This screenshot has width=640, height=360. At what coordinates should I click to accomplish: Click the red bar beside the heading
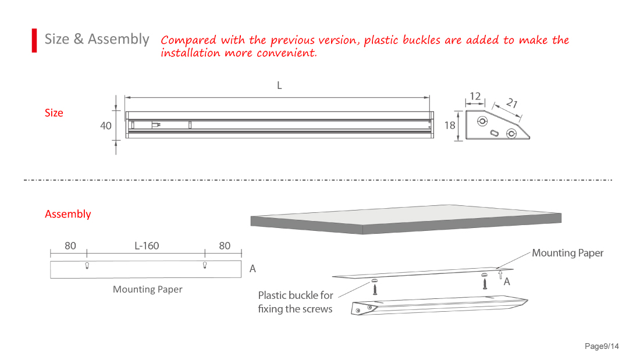(34, 40)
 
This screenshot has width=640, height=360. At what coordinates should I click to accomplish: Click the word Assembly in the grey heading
(118, 40)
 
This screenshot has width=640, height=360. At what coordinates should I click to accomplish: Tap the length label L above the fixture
(279, 85)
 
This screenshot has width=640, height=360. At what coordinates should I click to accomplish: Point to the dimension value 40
(106, 126)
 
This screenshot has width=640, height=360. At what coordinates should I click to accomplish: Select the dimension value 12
(475, 96)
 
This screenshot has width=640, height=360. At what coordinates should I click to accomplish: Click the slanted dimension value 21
(512, 103)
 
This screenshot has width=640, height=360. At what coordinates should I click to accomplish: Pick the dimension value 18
(450, 125)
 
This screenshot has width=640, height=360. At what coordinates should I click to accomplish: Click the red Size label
(54, 113)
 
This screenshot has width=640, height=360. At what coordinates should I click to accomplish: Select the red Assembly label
(67, 214)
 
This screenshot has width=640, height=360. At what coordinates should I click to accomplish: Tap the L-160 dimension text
(147, 245)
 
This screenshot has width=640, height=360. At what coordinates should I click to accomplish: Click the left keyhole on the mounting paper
(87, 266)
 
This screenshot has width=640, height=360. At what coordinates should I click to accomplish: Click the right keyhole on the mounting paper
(205, 265)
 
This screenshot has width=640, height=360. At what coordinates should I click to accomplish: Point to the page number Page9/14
(602, 346)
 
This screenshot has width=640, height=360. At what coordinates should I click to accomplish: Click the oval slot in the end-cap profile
(494, 133)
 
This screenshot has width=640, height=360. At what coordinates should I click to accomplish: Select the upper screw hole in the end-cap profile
(482, 121)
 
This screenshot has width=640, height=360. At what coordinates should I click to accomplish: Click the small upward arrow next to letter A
(500, 275)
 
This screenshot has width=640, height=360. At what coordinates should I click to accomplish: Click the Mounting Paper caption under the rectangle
(147, 290)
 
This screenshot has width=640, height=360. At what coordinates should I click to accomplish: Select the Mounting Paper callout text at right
(567, 253)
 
